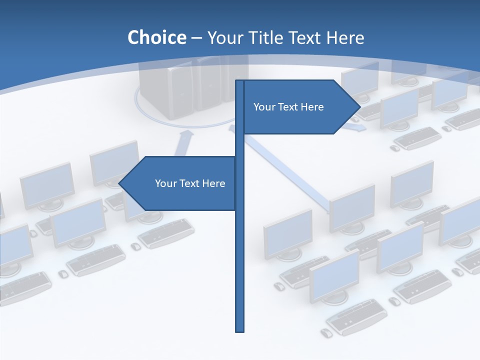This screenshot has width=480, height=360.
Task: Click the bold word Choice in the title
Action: (x=156, y=38)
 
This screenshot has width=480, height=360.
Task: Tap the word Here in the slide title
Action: (x=345, y=38)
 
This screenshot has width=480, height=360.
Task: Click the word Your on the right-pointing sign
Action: (x=263, y=107)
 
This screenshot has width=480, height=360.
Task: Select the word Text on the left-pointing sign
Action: (x=190, y=183)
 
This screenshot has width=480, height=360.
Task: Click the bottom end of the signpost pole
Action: (x=240, y=330)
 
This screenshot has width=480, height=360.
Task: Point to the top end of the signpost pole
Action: (x=240, y=81)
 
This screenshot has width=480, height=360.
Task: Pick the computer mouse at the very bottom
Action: (x=326, y=332)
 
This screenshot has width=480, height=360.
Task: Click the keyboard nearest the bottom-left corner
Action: (x=25, y=286)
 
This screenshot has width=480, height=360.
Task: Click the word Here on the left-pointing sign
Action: (x=213, y=183)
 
